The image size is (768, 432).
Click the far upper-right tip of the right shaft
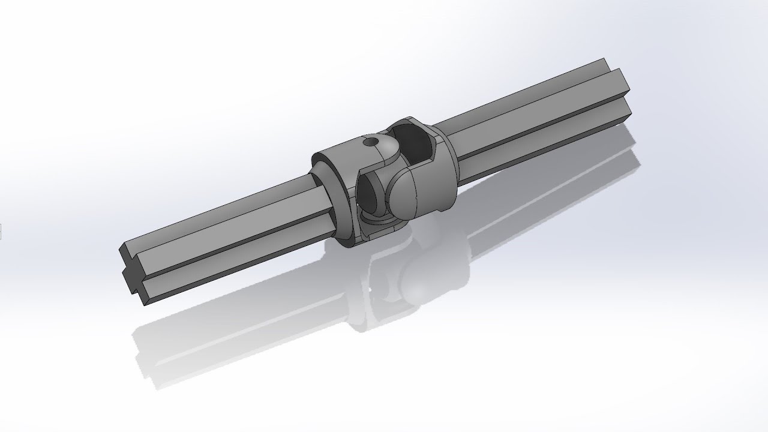pos(605,61)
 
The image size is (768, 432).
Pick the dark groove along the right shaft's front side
pos(540,141)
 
